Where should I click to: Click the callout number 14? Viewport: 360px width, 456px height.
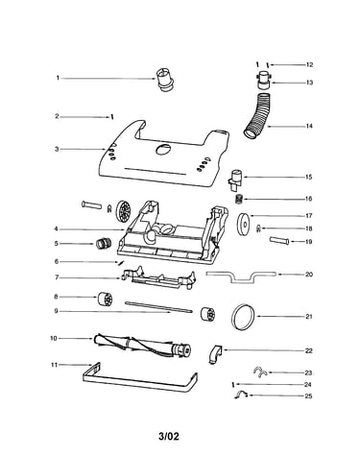pos(309,126)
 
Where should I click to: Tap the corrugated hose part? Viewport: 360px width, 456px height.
pos(259,116)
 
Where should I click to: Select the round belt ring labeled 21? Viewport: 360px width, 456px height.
pos(244,316)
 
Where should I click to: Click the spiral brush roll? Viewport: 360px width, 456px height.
pos(143,346)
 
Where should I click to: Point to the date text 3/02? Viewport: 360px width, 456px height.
pos(169,436)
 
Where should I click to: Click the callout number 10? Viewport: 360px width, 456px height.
pos(53,338)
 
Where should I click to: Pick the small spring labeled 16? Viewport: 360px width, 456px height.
pos(239,199)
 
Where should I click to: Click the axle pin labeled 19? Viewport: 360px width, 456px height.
pos(279,240)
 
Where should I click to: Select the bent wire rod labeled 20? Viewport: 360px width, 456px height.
pos(241,277)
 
